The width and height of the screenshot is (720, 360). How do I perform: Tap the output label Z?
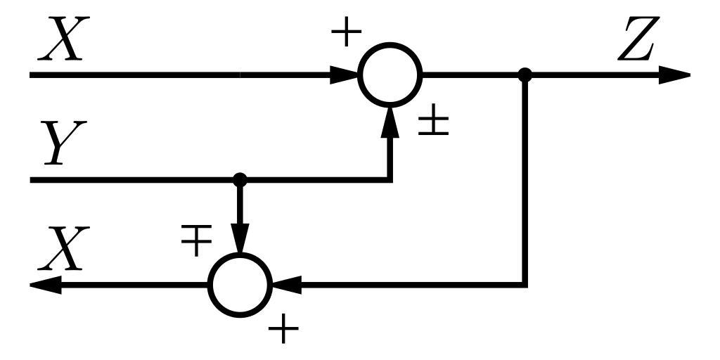click(636, 41)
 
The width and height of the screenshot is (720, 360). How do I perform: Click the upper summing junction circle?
click(390, 75)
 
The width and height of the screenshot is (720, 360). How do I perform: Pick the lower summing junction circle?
click(240, 285)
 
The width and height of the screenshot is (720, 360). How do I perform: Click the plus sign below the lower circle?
click(283, 328)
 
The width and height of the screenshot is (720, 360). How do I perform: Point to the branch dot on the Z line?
click(525, 75)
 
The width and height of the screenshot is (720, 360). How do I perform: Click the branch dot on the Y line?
click(240, 179)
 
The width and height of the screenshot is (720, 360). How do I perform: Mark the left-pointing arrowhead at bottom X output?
click(46, 285)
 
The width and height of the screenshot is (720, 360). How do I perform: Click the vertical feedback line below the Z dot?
click(525, 183)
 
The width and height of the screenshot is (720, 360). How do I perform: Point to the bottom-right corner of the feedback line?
click(525, 285)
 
